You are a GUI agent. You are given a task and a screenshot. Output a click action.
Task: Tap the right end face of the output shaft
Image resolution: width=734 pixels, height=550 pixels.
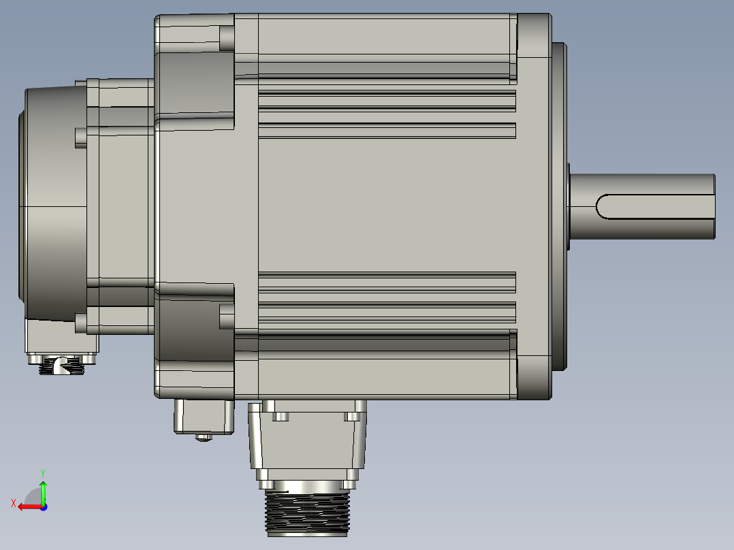click(714, 206)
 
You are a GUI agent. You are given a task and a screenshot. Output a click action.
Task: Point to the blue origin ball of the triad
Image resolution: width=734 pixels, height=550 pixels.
click(44, 506)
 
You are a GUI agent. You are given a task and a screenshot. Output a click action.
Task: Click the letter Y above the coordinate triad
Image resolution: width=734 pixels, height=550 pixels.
click(42, 472)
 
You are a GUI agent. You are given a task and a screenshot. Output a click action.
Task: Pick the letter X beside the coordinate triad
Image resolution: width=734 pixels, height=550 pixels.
click(13, 503)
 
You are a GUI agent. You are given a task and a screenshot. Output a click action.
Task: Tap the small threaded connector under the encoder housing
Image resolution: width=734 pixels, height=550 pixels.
click(61, 368)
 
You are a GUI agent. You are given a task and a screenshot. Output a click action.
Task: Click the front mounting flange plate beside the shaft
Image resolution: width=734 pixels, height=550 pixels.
click(534, 204)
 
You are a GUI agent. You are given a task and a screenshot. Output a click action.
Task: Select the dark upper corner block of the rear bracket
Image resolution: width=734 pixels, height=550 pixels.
click(194, 83)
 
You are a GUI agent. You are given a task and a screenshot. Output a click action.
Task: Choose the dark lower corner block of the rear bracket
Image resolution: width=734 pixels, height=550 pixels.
click(194, 327)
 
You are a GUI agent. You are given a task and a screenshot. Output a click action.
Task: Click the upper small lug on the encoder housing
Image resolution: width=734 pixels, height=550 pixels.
click(81, 137)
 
